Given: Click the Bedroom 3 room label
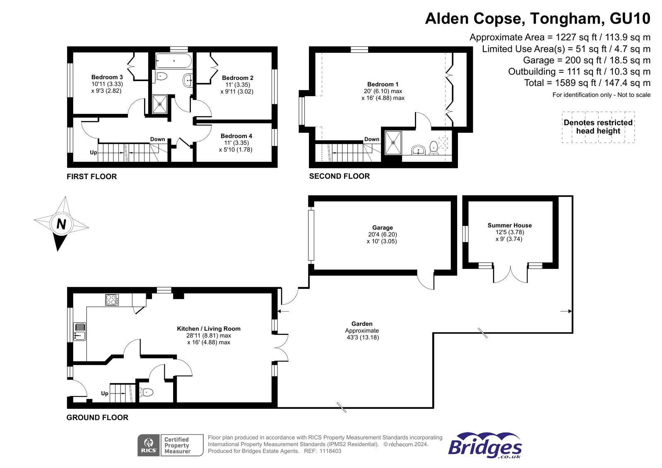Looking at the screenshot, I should tap(107, 77).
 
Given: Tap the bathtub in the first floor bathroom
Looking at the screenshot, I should tap(173, 61).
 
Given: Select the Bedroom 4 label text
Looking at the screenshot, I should tap(236, 136).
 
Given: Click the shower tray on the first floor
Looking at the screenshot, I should tap(159, 104).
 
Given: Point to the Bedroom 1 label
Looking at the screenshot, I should tap(383, 84).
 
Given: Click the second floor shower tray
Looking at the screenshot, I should tap(393, 143).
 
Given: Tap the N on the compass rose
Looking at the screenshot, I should tap(61, 224).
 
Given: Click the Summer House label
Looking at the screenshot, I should tap(509, 226).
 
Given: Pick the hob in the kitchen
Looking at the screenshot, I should tap(112, 300).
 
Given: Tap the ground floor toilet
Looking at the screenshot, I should tap(146, 392).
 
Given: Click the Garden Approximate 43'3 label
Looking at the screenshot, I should tap(362, 331).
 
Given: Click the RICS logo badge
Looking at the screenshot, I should tap(149, 445).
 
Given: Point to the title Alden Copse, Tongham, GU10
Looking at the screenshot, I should tap(537, 19).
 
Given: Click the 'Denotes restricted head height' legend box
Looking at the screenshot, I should tap(598, 127).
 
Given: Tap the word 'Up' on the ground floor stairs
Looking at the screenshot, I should tap(105, 393).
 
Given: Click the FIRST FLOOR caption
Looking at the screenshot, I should tap(91, 177).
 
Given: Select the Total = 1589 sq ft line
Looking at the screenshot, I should tap(587, 83).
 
